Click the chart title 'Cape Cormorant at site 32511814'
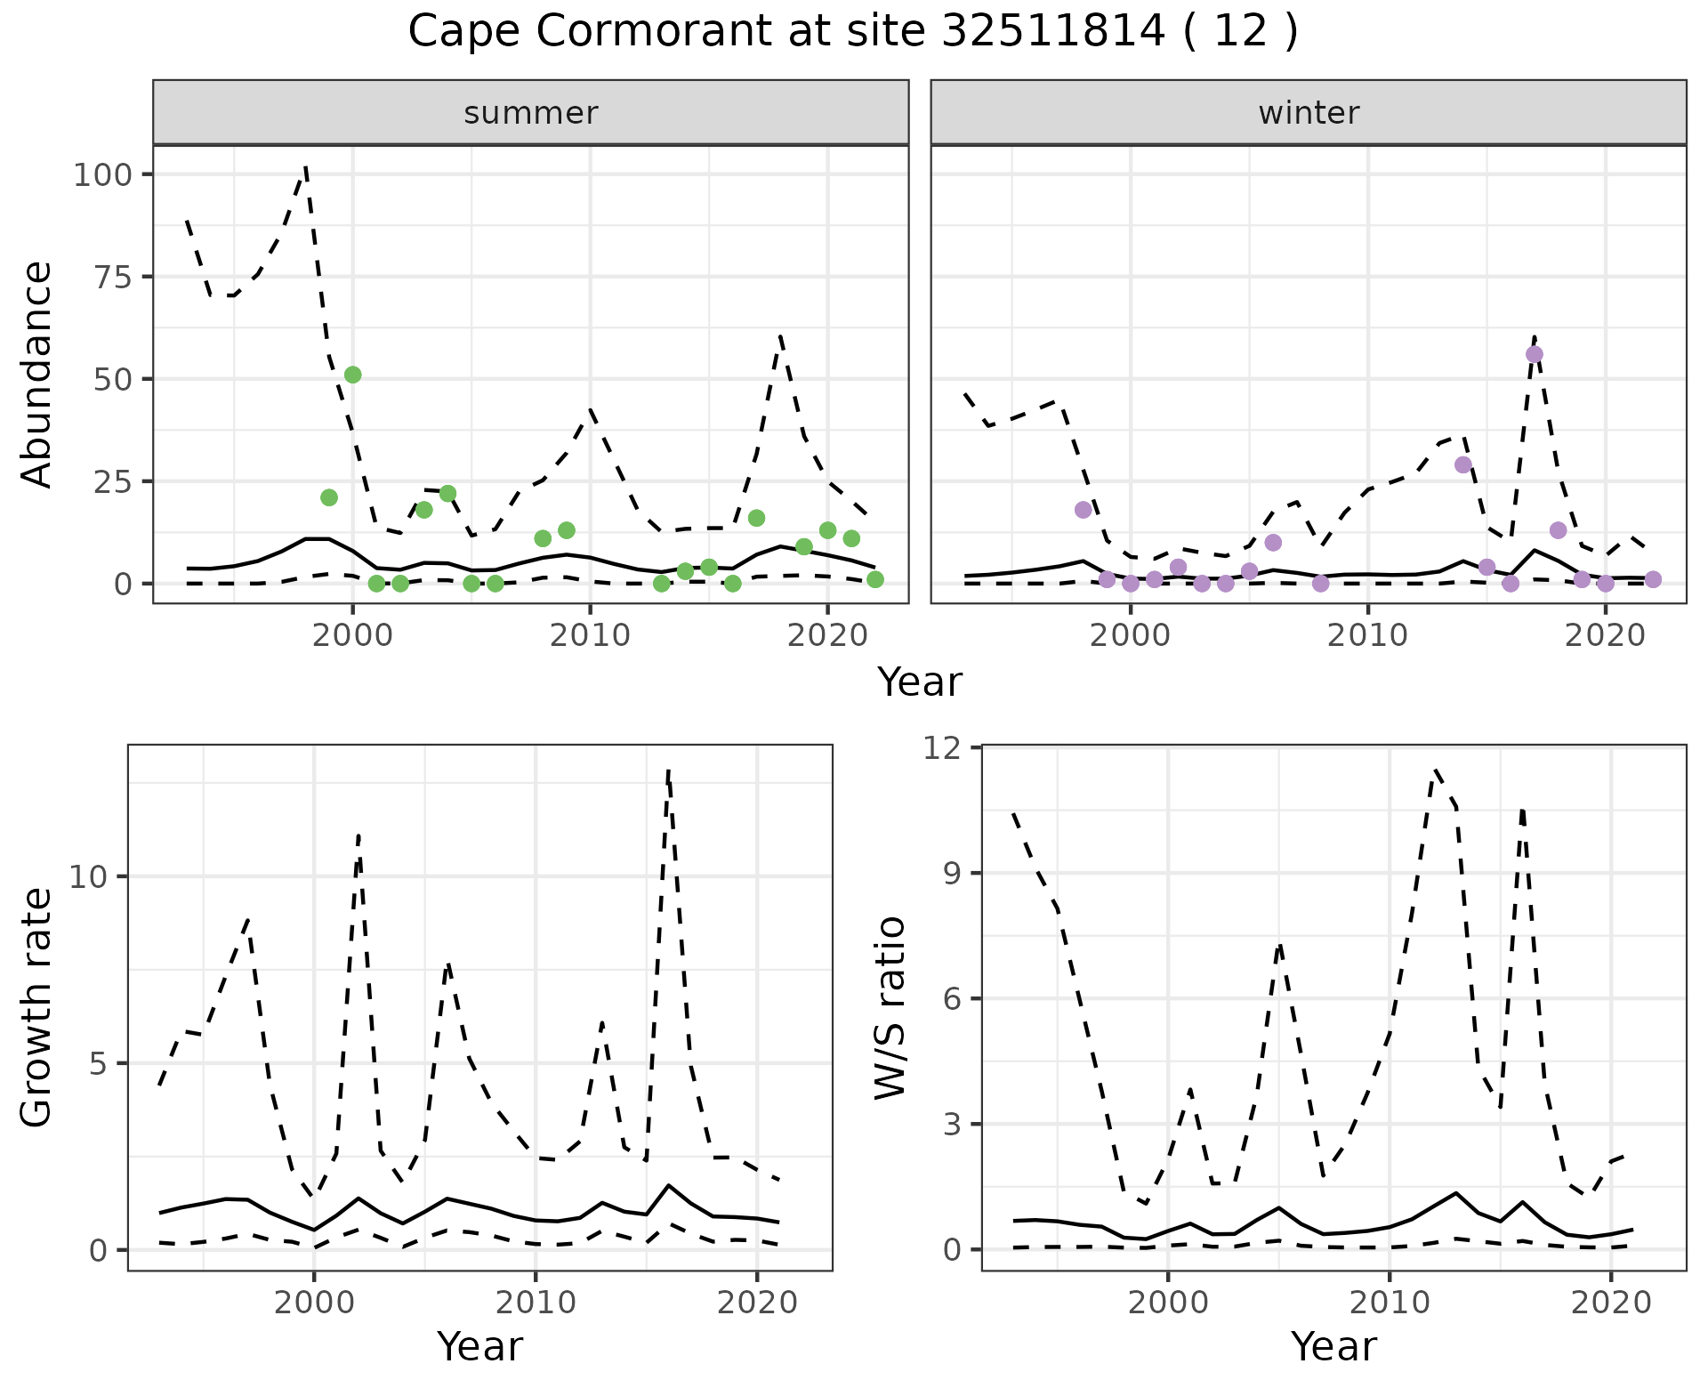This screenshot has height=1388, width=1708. coord(852,33)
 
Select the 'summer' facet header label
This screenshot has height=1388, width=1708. coord(531,113)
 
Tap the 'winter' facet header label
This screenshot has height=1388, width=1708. coord(1309,113)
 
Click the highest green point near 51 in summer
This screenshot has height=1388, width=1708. coord(352,375)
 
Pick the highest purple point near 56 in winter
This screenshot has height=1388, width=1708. coord(1535,354)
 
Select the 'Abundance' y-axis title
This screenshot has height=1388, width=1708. coord(37,374)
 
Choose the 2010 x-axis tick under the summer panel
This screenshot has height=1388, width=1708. coord(590,635)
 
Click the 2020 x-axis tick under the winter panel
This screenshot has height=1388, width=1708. coord(1606,635)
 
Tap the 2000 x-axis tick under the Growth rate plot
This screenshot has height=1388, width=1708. coord(313,1303)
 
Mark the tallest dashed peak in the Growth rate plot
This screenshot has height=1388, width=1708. coord(668,771)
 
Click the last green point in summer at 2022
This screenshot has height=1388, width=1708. coord(875,579)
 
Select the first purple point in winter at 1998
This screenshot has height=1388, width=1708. coord(1083,510)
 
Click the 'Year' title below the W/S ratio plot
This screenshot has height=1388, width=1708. coord(1333,1346)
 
